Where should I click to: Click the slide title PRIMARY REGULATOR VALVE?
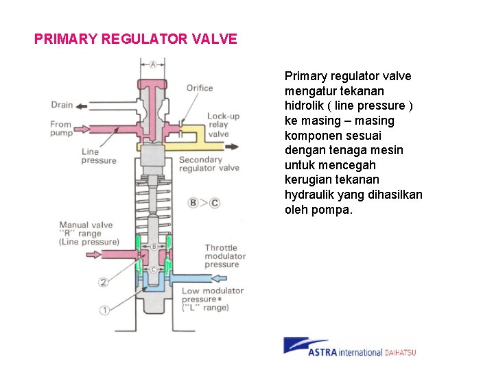(136, 39)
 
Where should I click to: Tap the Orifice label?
(200, 88)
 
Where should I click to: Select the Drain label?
(62, 106)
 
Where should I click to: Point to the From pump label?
(61, 129)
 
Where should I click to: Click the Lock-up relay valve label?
(223, 125)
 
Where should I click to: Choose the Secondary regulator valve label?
(209, 164)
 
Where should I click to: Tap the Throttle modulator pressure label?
(222, 256)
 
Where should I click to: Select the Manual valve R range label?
(89, 233)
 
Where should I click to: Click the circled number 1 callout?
(104, 310)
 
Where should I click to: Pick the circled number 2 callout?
(104, 282)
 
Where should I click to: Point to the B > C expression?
(204, 202)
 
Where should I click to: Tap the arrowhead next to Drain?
(82, 106)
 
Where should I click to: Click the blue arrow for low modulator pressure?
(220, 277)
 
